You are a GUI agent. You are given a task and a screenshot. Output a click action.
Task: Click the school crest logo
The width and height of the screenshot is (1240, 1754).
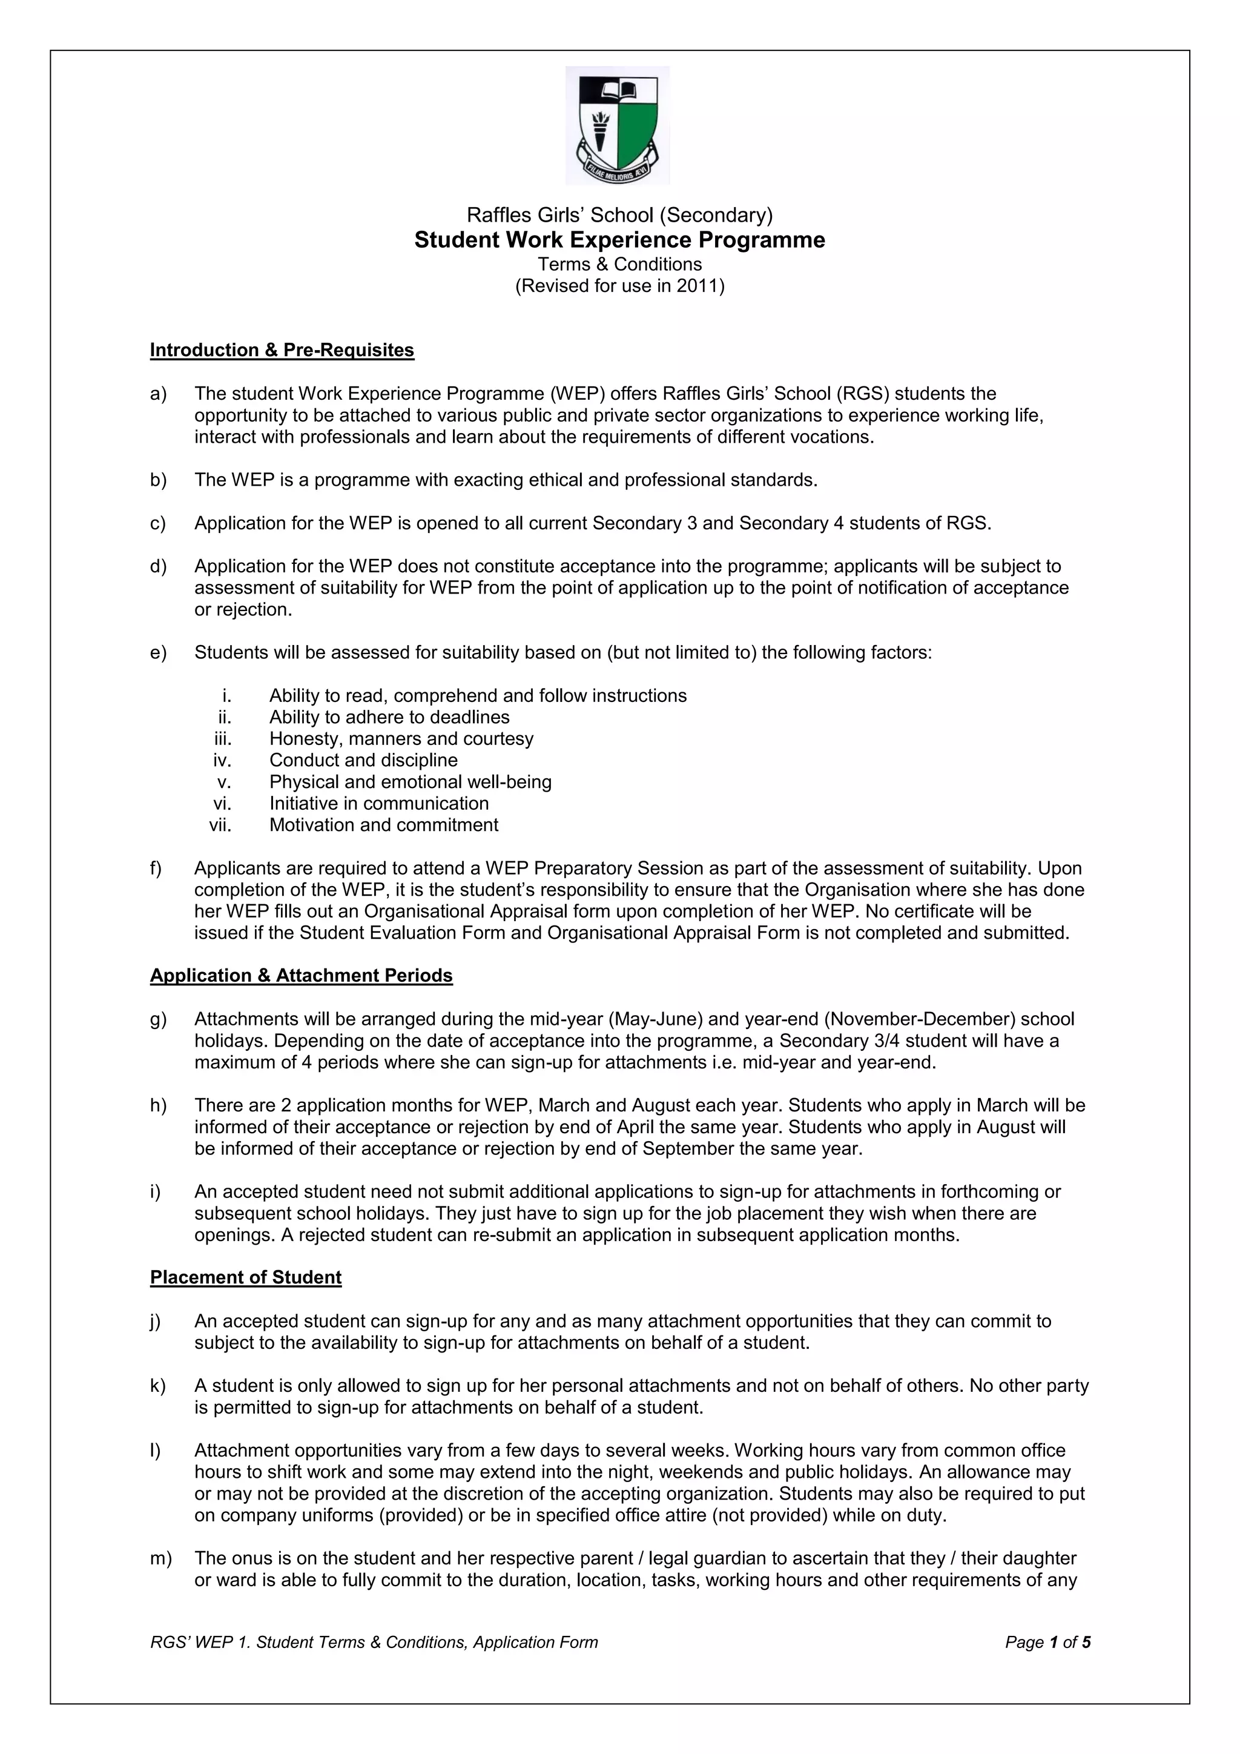coord(617,125)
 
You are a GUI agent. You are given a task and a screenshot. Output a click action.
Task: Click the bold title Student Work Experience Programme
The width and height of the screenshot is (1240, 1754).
coord(619,240)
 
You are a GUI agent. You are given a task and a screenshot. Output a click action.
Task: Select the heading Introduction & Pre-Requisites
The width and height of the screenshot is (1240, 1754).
coord(282,350)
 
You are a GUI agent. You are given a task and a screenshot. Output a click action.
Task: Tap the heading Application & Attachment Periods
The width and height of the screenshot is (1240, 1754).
coord(301,976)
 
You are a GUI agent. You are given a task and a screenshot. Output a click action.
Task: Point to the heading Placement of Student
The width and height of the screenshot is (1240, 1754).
coord(245,1277)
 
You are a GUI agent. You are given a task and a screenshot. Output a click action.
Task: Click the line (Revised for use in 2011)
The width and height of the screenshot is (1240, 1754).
coord(619,286)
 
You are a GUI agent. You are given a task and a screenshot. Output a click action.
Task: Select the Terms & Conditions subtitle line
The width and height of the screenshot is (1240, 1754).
coord(619,264)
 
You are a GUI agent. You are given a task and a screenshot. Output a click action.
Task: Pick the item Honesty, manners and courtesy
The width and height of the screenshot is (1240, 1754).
coord(401,739)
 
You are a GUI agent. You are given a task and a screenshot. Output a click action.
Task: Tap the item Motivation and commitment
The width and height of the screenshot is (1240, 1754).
coord(383,825)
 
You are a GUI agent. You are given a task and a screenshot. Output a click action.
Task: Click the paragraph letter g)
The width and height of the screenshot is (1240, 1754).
coord(158,1019)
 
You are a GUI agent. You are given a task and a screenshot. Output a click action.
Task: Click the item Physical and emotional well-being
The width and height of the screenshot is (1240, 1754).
coord(410,783)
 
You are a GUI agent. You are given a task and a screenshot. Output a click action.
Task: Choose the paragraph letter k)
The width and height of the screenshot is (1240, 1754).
coord(158,1386)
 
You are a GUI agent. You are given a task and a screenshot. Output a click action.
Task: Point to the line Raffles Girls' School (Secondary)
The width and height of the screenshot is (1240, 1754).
coord(619,216)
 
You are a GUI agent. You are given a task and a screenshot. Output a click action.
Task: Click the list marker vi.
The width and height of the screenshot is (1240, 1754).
coord(222,804)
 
